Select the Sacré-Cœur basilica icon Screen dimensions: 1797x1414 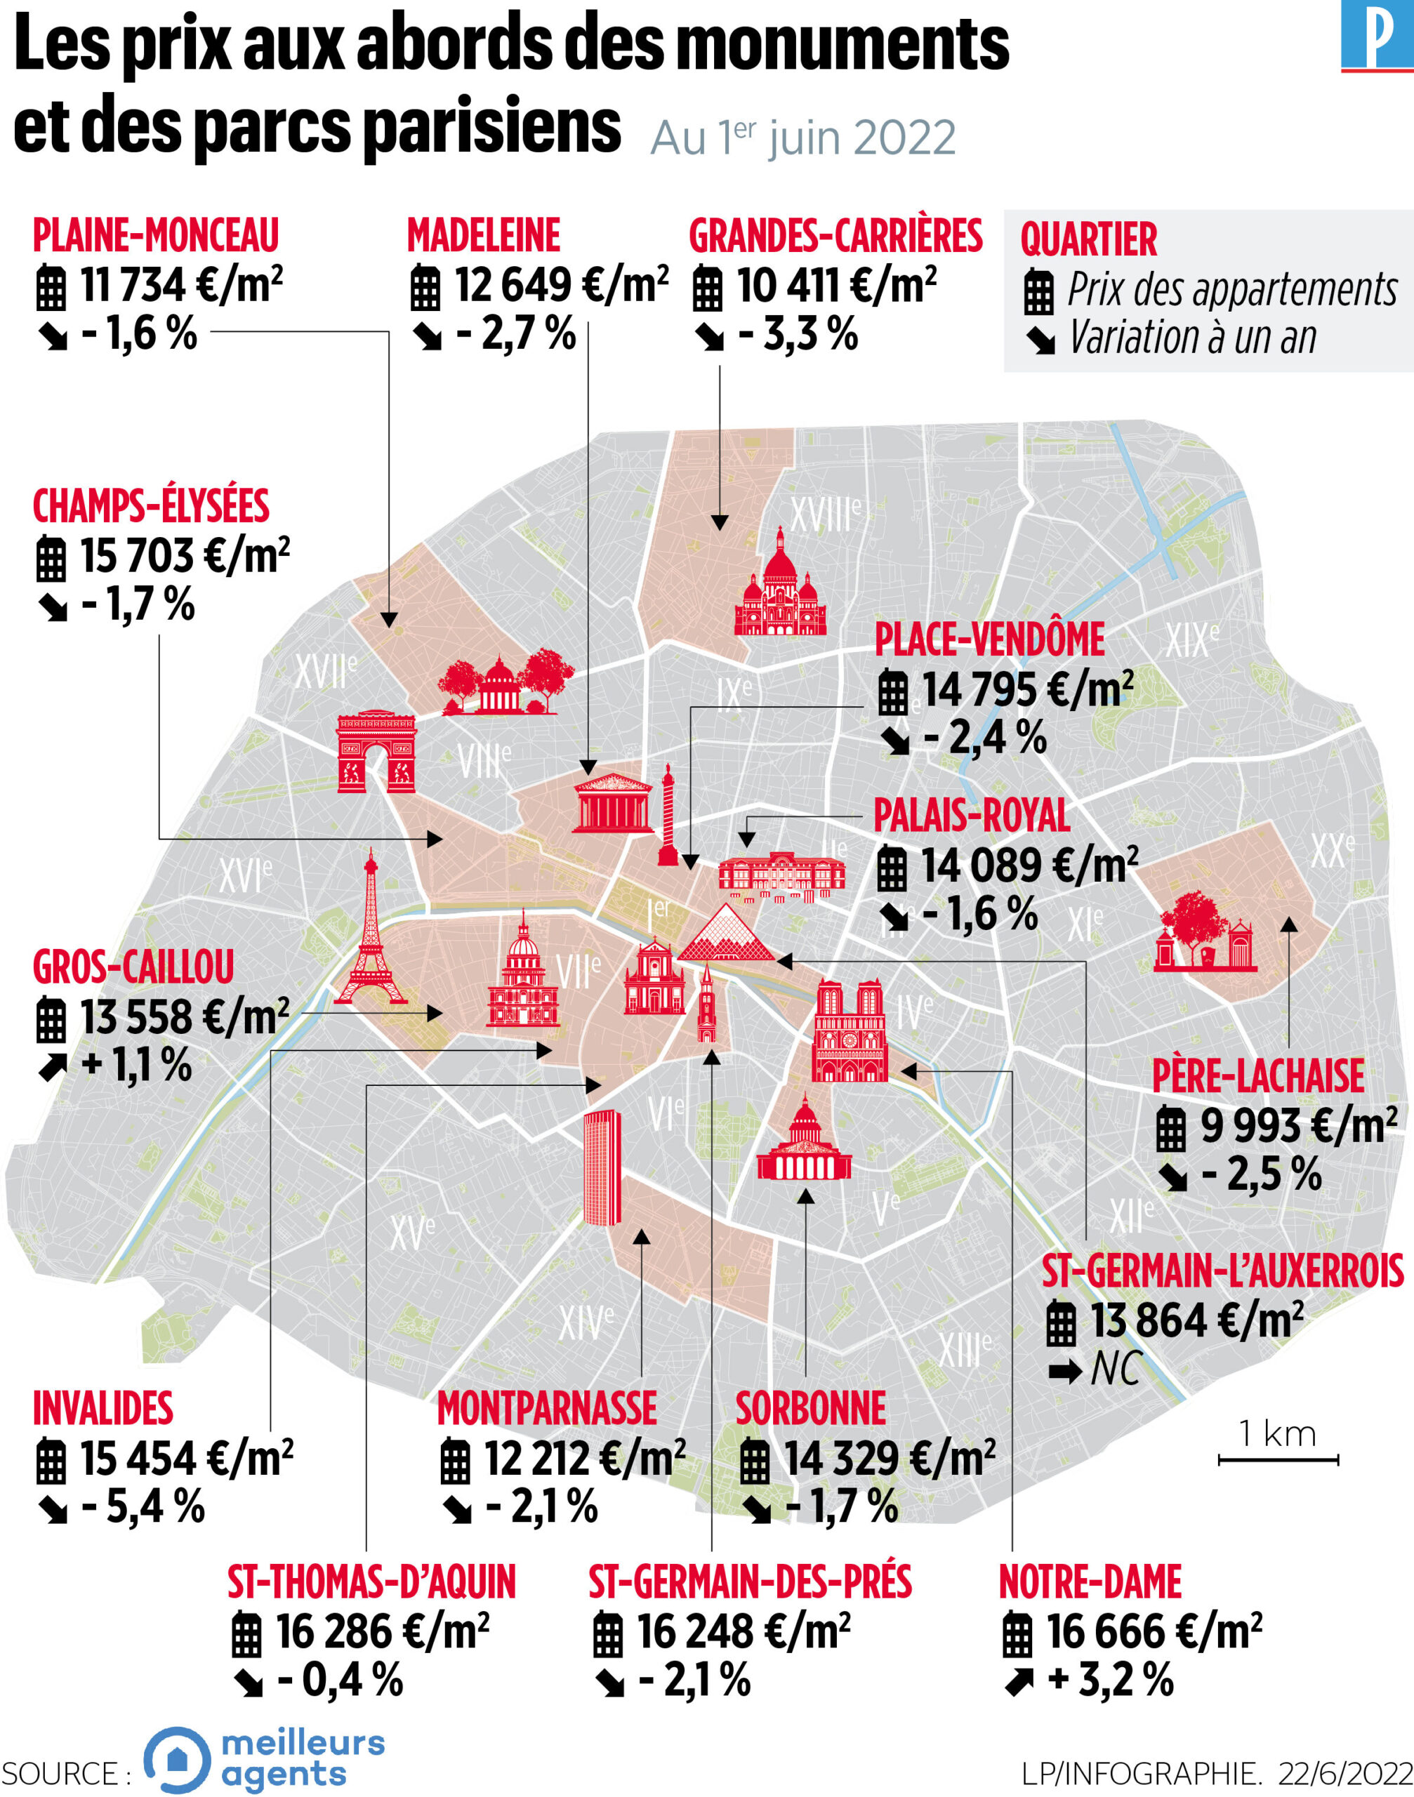click(x=780, y=586)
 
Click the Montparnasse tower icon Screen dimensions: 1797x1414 click(x=602, y=1167)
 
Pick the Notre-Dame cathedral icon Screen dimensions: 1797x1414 click(x=850, y=1031)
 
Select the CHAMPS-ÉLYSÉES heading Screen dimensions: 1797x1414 click(x=151, y=507)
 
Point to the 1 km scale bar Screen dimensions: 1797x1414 click(x=1277, y=1459)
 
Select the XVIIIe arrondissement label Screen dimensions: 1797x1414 click(x=826, y=515)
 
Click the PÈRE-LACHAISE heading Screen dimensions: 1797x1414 click(x=1257, y=1076)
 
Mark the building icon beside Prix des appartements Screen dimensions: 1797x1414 click(x=1039, y=292)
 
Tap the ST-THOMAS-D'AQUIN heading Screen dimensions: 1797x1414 click(x=371, y=1582)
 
